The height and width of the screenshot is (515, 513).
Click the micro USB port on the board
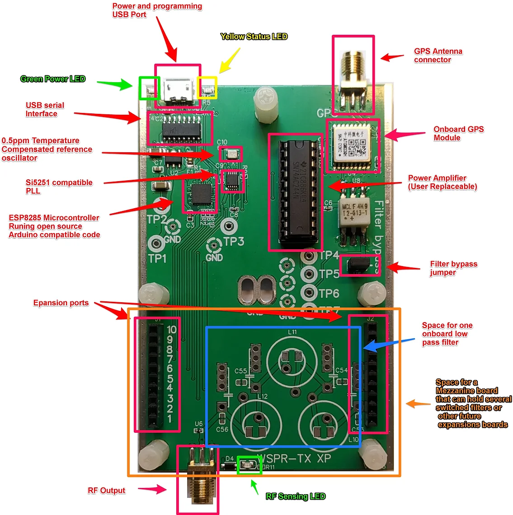tap(178, 89)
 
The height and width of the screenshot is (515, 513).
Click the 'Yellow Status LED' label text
tap(254, 37)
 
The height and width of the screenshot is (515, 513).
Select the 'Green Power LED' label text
tap(52, 79)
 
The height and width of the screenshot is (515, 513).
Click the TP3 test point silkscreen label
tap(234, 242)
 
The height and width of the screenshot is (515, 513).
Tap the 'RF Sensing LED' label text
tap(295, 496)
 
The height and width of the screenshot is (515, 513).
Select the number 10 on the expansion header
tap(171, 330)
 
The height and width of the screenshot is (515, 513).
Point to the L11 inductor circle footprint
tap(292, 357)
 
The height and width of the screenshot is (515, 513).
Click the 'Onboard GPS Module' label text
tap(458, 133)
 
